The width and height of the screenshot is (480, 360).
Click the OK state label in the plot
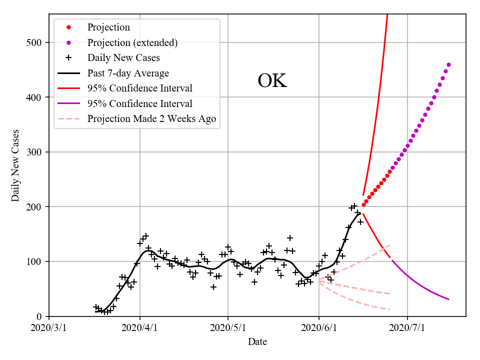point(272,81)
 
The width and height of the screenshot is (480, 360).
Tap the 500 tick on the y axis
point(36,42)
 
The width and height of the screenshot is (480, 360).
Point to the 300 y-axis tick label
point(36,152)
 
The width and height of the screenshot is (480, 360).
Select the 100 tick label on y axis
point(36,261)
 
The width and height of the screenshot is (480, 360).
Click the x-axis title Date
point(257,342)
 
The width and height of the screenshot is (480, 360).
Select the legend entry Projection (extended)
point(132,42)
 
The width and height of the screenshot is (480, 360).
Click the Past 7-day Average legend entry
point(128,73)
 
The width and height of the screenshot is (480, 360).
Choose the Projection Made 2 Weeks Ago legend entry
point(151,119)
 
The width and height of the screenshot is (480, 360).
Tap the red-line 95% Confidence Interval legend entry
point(139,88)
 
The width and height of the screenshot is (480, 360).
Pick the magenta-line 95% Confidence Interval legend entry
point(139,104)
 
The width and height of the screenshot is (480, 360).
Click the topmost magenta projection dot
point(448,64)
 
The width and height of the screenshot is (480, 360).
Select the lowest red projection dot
point(363,204)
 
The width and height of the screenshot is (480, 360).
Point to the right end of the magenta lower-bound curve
point(448,299)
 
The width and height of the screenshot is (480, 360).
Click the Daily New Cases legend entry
point(123,57)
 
